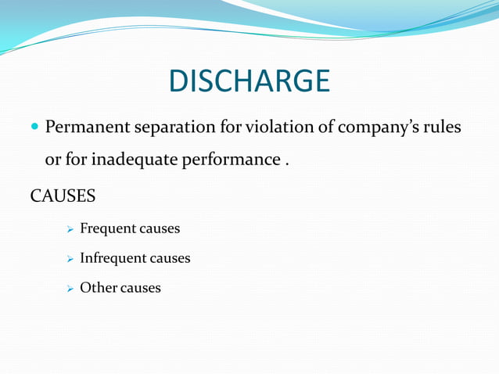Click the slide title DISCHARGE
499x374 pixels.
point(249,80)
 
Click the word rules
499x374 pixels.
point(443,127)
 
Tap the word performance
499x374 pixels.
point(231,161)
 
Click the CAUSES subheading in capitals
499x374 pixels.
point(63,195)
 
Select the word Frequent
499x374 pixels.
point(108,229)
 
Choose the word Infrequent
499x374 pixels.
point(113,258)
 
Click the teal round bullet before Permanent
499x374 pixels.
point(32,127)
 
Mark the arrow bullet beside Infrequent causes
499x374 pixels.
point(70,259)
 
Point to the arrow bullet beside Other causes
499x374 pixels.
point(70,289)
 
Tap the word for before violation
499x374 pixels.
point(233,127)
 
